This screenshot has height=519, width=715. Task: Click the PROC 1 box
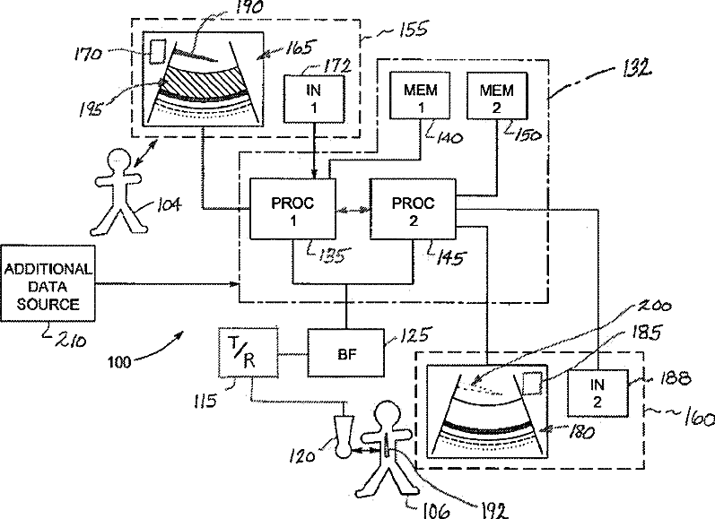(292, 209)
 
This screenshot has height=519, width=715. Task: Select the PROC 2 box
(413, 209)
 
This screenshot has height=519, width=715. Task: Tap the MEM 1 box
(420, 96)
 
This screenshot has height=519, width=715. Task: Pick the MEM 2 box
(497, 96)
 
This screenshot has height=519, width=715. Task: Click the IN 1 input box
(314, 99)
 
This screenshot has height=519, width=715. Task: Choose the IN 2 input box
(597, 394)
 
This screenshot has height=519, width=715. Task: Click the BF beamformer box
(346, 352)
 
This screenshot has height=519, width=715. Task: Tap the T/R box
(249, 352)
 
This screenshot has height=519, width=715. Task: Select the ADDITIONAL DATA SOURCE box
(48, 283)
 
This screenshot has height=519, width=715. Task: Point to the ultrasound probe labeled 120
(344, 435)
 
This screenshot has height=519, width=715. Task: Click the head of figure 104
(118, 160)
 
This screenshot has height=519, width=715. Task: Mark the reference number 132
(637, 69)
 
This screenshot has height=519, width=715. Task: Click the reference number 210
(71, 340)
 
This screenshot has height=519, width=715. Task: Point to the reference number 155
(413, 30)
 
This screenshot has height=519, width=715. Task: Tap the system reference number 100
(119, 362)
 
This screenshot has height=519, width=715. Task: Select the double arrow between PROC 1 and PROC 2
(353, 210)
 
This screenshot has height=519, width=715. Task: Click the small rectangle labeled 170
(158, 51)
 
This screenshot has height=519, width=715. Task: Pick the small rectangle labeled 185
(532, 384)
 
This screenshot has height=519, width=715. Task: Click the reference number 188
(674, 377)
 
